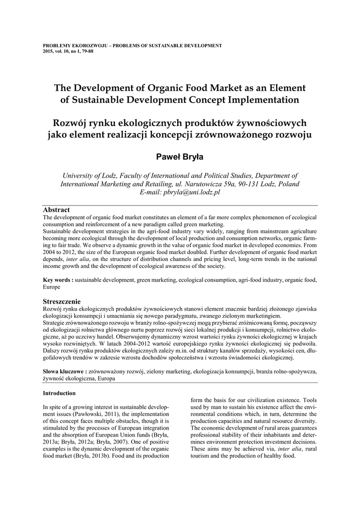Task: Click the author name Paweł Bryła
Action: click(x=180, y=157)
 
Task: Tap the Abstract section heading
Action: click(x=56, y=210)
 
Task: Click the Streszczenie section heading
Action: click(x=62, y=301)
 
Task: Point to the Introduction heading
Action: click(x=59, y=393)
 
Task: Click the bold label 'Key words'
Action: click(x=56, y=280)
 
